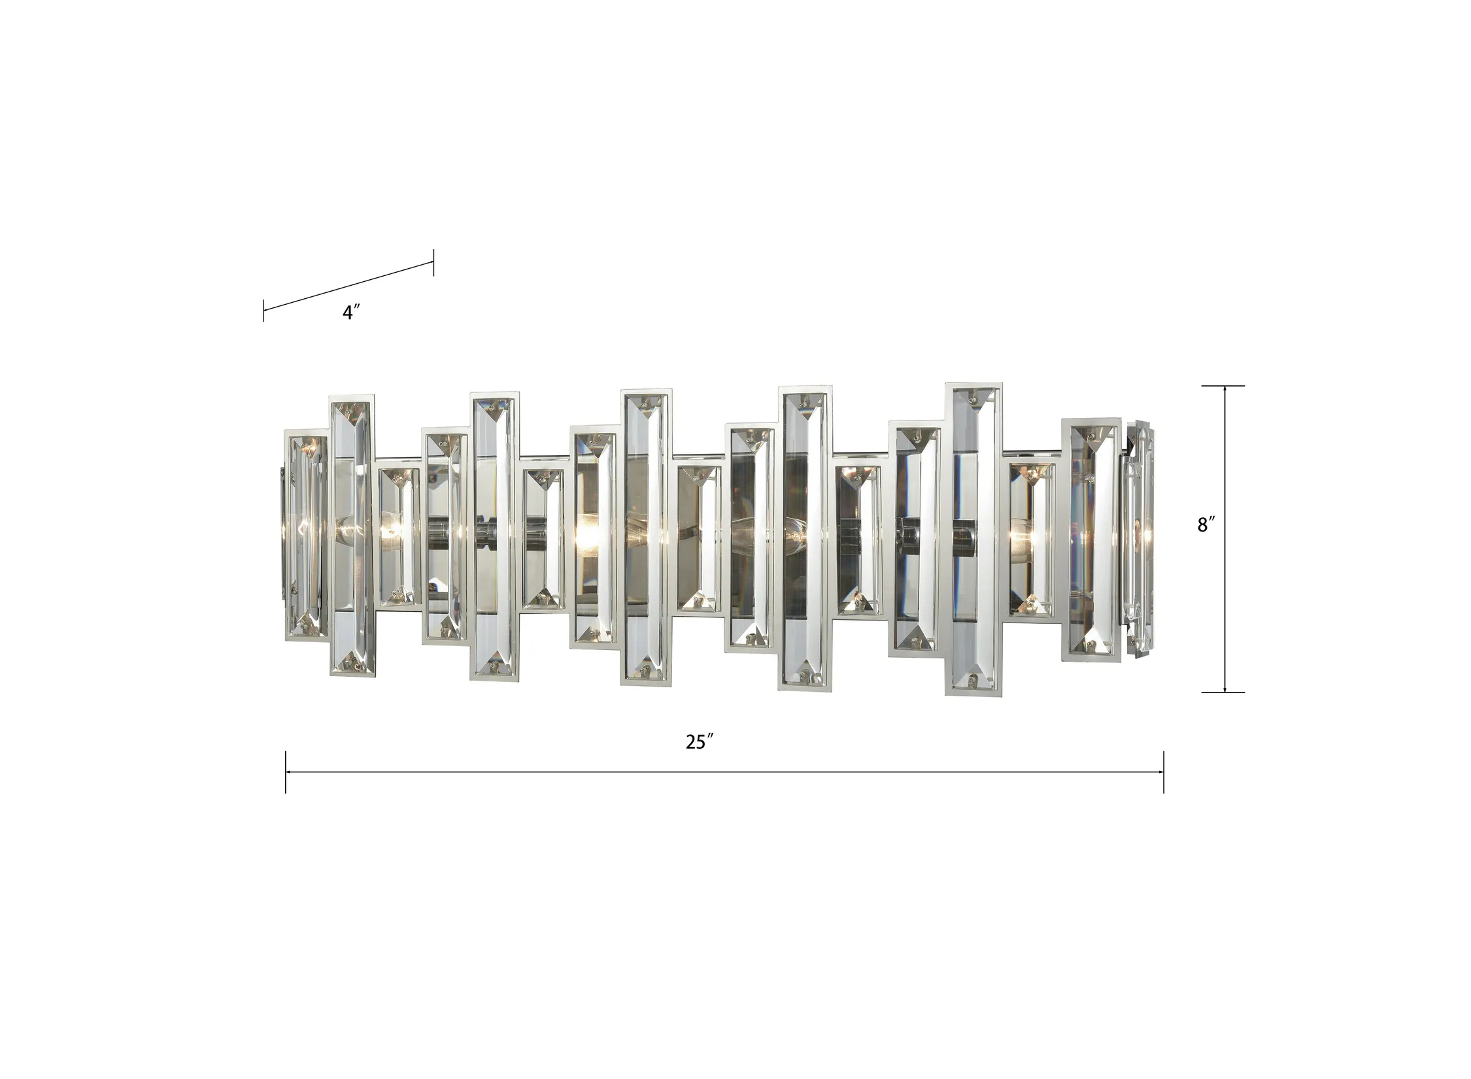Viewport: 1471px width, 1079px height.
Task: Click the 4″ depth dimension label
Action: (x=352, y=313)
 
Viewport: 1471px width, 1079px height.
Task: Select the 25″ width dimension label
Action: (x=699, y=742)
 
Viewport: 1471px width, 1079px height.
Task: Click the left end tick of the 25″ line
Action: (x=286, y=772)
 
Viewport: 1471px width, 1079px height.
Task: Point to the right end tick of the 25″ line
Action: (x=1164, y=772)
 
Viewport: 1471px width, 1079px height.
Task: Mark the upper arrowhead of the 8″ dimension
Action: (x=1225, y=391)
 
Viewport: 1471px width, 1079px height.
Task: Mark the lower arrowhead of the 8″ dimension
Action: (x=1225, y=686)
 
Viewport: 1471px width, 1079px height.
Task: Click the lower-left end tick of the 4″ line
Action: (x=263, y=311)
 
